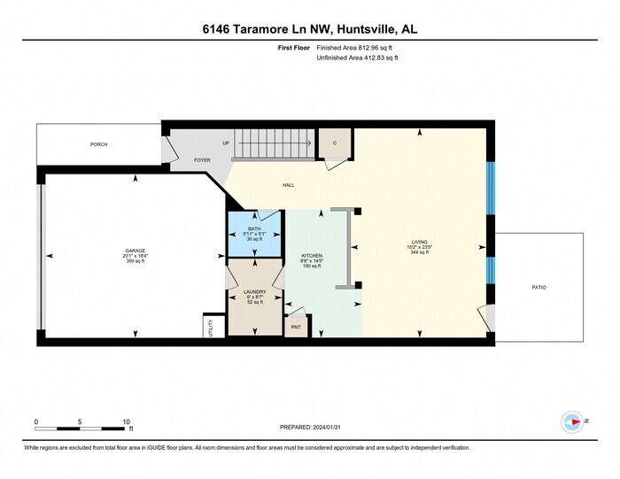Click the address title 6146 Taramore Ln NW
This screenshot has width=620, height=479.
(x=310, y=29)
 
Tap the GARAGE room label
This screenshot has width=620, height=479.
(x=135, y=251)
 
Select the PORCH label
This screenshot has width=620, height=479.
(x=98, y=143)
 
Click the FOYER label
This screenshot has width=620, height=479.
(x=202, y=160)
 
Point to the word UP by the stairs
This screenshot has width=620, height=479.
(x=226, y=143)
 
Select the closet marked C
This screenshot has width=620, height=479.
(x=335, y=143)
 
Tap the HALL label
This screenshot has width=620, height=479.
(x=288, y=185)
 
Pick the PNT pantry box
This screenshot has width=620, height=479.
(x=296, y=327)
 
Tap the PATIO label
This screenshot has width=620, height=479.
(x=539, y=287)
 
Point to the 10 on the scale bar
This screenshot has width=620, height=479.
(x=128, y=421)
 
